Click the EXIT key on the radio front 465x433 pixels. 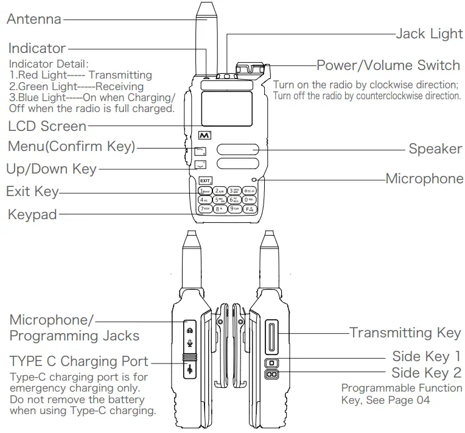[x=205, y=180]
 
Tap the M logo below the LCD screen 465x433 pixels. [x=204, y=135]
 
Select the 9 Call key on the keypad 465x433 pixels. [x=234, y=208]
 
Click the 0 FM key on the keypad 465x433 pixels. [x=249, y=199]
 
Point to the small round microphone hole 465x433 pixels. [x=253, y=179]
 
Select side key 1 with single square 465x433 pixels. [x=271, y=363]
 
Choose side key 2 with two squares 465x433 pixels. [x=271, y=375]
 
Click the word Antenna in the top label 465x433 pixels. [x=34, y=19]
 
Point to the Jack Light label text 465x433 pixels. [x=428, y=34]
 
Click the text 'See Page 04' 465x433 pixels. [x=402, y=400]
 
